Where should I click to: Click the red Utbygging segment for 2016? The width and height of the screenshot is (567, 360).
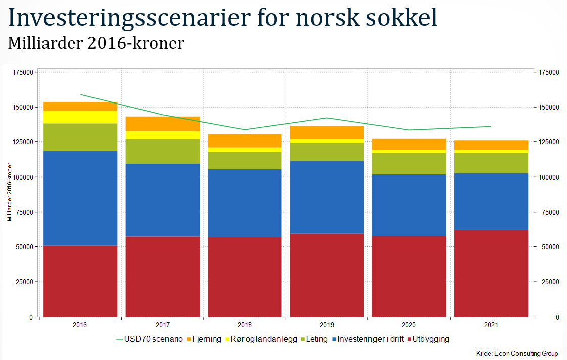pyautogui.click(x=80, y=281)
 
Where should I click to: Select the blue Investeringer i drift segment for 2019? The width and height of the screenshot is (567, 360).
pyautogui.click(x=327, y=197)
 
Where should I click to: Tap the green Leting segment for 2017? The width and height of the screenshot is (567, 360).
pyautogui.click(x=163, y=151)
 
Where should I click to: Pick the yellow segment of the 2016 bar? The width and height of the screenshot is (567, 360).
pyautogui.click(x=80, y=117)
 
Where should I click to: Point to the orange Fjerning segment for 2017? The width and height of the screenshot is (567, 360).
pyautogui.click(x=163, y=124)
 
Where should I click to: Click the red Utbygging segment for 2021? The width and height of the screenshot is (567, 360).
pyautogui.click(x=491, y=273)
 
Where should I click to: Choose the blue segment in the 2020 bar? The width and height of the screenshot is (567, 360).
pyautogui.click(x=409, y=205)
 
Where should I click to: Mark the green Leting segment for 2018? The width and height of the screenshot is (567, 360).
pyautogui.click(x=245, y=161)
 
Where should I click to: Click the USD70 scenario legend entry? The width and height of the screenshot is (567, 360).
pyautogui.click(x=149, y=339)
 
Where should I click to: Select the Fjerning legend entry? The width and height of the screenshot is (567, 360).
pyautogui.click(x=204, y=339)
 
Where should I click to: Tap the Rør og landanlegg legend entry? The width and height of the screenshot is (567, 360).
pyautogui.click(x=261, y=339)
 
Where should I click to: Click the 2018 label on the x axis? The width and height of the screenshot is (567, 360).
pyautogui.click(x=245, y=325)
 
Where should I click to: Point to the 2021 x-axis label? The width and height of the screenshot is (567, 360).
pyautogui.click(x=491, y=325)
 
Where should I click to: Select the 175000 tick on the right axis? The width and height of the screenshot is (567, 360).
pyautogui.click(x=549, y=73)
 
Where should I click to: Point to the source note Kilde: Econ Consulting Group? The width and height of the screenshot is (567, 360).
pyautogui.click(x=517, y=353)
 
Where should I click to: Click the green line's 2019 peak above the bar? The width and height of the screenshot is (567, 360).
pyautogui.click(x=327, y=118)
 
